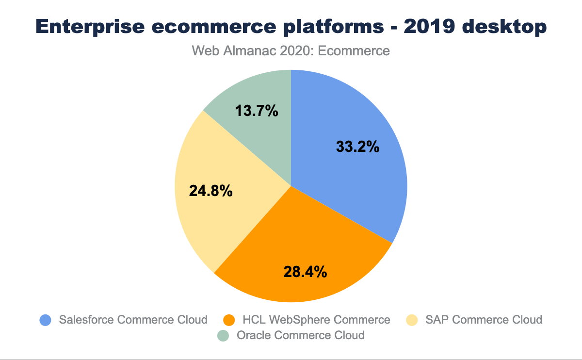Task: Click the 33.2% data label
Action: pyautogui.click(x=357, y=147)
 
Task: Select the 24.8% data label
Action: pyautogui.click(x=210, y=191)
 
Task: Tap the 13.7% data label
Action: pyautogui.click(x=257, y=111)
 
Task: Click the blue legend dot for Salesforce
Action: pyautogui.click(x=46, y=320)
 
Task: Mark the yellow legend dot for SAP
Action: pyautogui.click(x=412, y=320)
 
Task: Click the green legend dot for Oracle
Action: pyautogui.click(x=223, y=335)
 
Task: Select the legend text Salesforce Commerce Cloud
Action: pyautogui.click(x=133, y=320)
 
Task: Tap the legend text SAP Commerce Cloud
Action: pyautogui.click(x=484, y=320)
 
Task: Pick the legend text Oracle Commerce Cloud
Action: pyautogui.click(x=300, y=335)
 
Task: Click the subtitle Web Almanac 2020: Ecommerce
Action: pyautogui.click(x=291, y=51)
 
